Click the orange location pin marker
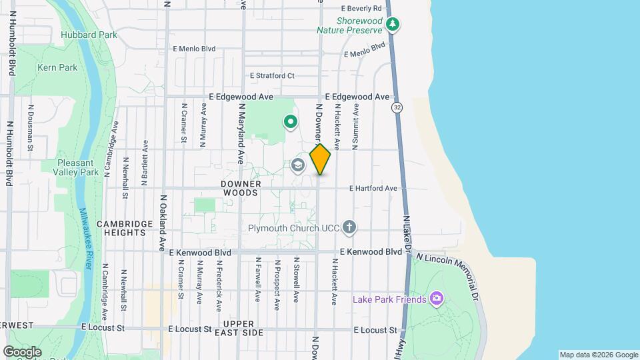click(x=320, y=159)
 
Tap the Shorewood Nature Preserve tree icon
click(x=393, y=25)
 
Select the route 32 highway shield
click(x=397, y=107)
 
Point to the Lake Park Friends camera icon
click(x=437, y=298)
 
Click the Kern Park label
click(x=57, y=67)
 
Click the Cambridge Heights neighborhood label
click(x=121, y=228)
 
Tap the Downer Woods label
click(x=240, y=187)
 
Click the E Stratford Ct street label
click(x=272, y=76)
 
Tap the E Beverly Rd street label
click(x=361, y=9)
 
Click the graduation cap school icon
click(x=297, y=165)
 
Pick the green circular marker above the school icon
click(x=290, y=122)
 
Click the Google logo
click(x=22, y=352)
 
